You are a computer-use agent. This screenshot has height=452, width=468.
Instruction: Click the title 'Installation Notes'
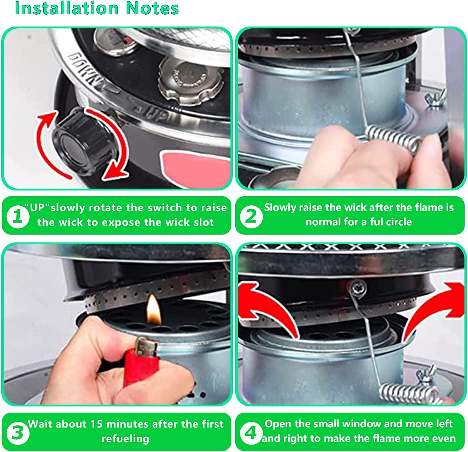(x=97, y=8)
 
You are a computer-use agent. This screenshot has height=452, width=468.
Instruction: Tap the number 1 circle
(x=18, y=216)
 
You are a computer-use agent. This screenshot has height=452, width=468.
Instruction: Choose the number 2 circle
(x=250, y=216)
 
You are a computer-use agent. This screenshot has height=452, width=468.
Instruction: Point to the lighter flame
(x=153, y=309)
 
